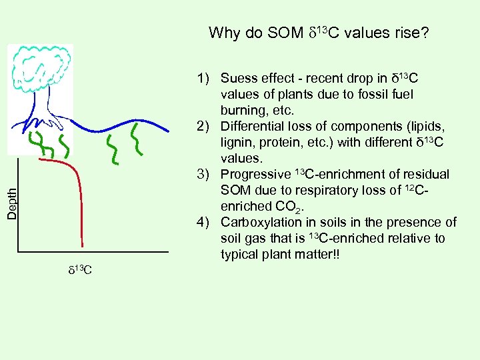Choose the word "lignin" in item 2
point(237,143)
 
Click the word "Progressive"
point(255,175)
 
